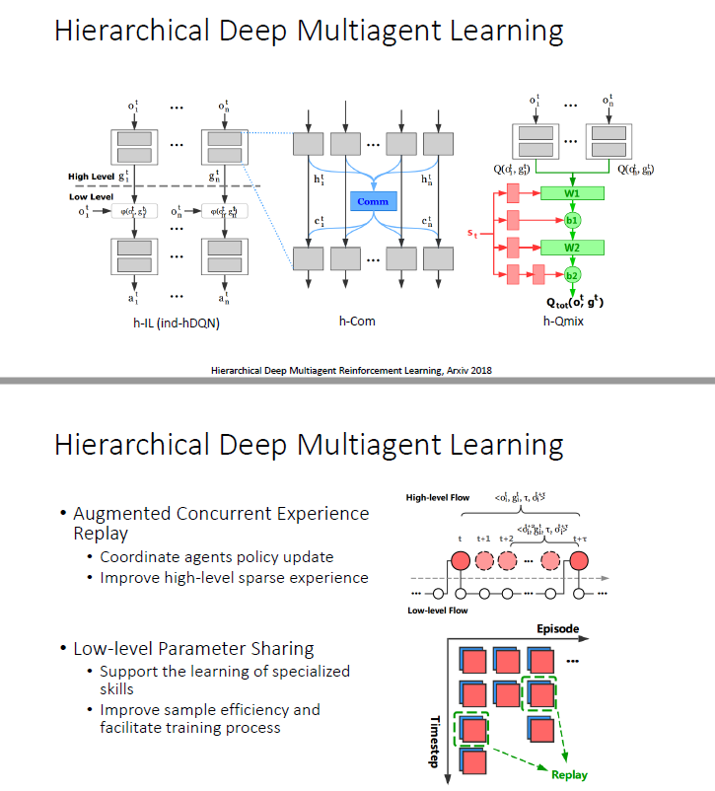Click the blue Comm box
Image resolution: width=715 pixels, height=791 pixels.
point(372,201)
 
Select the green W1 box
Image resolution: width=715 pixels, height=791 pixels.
point(572,193)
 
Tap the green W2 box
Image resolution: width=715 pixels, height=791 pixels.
point(572,247)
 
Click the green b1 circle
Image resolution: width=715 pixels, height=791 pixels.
point(573,220)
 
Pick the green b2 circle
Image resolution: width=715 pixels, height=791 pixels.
point(573,274)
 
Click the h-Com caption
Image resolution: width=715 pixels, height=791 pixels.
point(357,321)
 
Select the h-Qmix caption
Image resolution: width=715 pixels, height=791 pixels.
point(564,321)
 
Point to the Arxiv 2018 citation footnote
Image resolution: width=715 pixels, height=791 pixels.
point(352,371)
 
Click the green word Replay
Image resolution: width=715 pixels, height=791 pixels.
point(569,774)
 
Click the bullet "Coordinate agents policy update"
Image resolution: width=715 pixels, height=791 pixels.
point(217,557)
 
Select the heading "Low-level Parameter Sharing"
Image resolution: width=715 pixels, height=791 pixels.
point(193,648)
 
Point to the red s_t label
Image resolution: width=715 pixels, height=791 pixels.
point(472,233)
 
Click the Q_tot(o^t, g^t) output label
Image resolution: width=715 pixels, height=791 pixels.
point(574,302)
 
